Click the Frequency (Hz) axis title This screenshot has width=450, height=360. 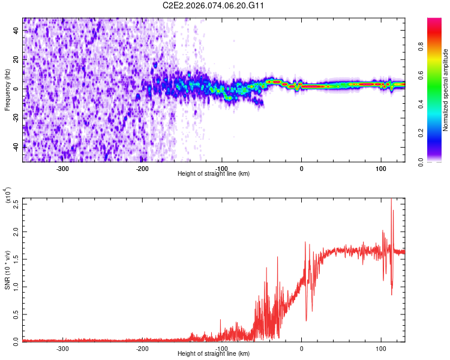(x=7, y=89)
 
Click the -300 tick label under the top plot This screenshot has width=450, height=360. (x=63, y=168)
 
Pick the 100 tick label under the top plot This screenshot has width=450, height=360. (x=381, y=168)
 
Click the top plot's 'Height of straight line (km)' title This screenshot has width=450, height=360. (x=214, y=174)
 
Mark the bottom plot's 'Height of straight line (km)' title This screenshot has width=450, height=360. (x=214, y=353)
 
